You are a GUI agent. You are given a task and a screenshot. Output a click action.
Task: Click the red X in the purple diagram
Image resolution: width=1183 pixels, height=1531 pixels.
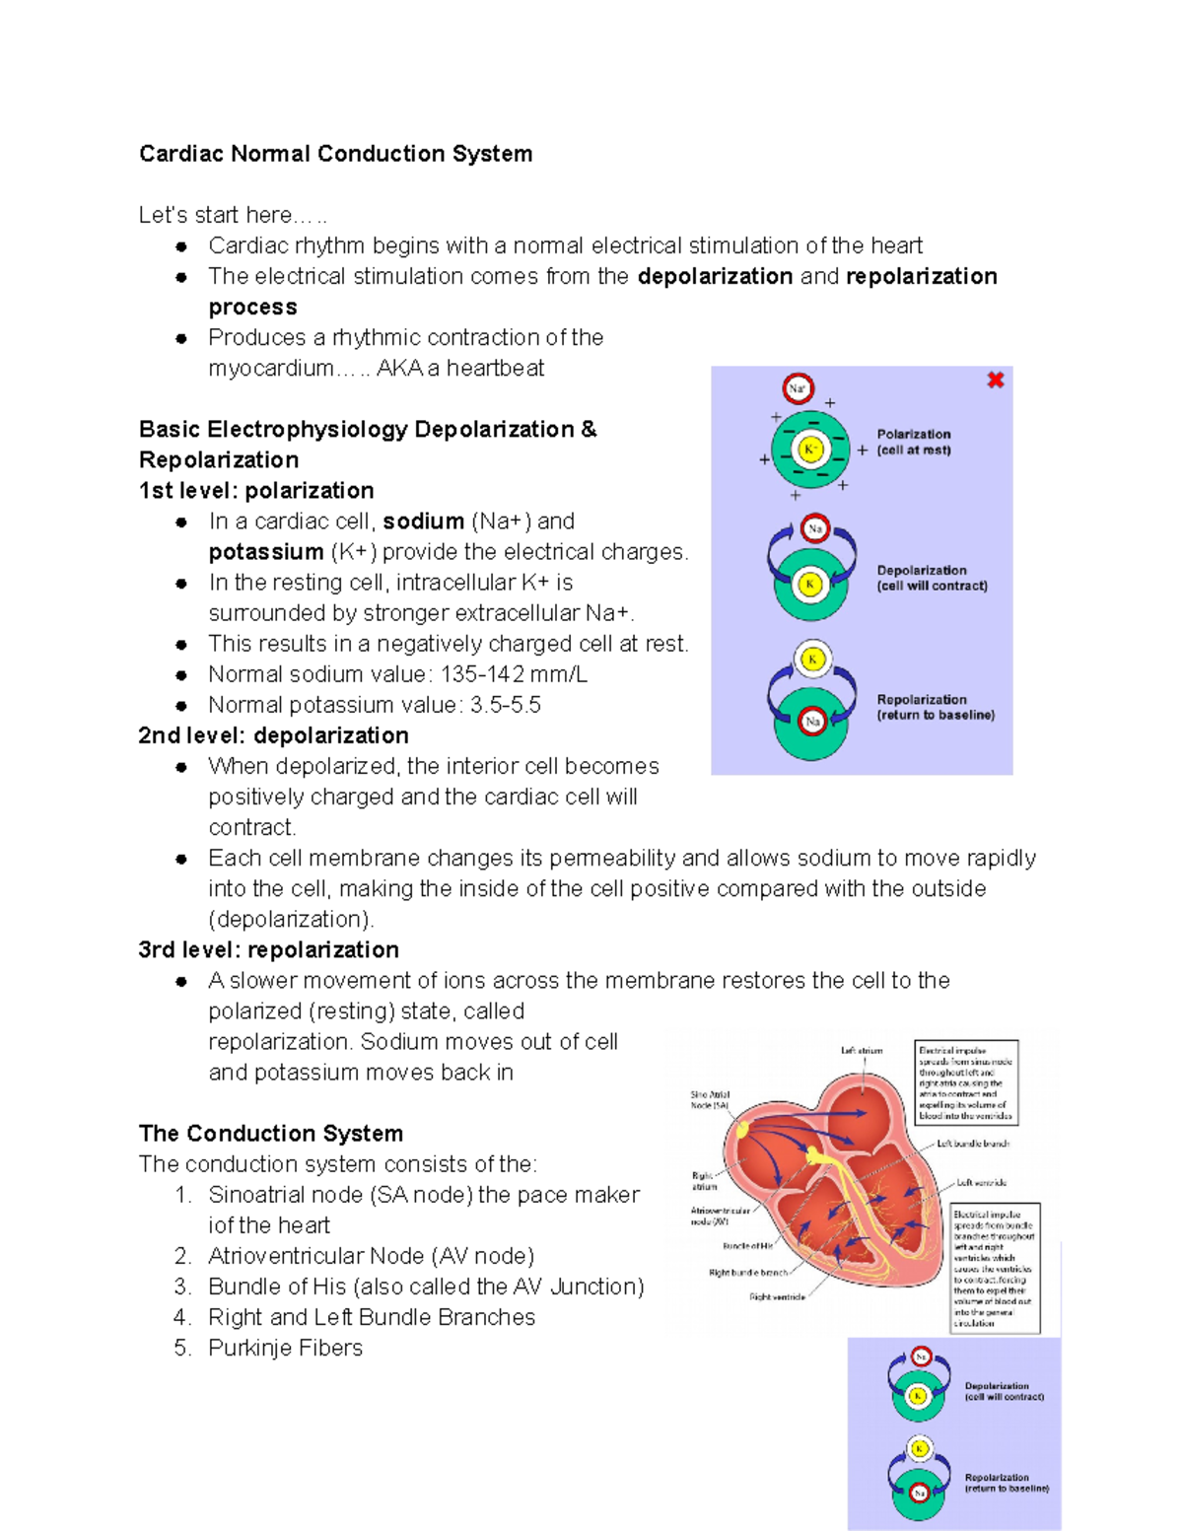(x=996, y=380)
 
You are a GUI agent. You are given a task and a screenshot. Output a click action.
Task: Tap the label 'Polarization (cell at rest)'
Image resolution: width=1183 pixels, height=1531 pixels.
(x=914, y=442)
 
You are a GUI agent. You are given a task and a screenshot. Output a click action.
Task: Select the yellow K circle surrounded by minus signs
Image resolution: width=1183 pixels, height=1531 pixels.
(x=810, y=450)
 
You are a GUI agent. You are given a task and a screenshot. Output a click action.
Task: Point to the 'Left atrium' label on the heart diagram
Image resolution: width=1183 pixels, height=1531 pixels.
(x=862, y=1051)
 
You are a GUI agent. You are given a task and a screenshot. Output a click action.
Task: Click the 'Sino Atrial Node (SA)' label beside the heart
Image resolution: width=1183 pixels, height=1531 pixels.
(x=710, y=1099)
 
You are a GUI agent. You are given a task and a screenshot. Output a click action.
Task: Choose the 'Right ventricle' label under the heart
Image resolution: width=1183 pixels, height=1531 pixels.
(x=777, y=1297)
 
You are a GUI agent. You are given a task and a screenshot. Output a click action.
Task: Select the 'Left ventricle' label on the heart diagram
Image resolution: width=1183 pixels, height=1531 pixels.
(x=981, y=1182)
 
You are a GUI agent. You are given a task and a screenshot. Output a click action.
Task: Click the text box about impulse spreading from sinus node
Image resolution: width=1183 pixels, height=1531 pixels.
(x=966, y=1082)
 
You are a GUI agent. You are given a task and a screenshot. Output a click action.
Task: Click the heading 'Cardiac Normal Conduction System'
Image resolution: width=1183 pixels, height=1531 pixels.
(x=335, y=154)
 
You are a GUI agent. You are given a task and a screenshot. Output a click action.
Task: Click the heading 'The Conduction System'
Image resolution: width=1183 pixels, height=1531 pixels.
(x=271, y=1133)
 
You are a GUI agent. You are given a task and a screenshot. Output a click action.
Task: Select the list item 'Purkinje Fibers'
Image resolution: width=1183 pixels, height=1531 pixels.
(x=285, y=1348)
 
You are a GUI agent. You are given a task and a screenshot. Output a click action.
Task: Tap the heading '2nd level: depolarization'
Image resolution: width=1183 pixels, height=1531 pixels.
(x=273, y=735)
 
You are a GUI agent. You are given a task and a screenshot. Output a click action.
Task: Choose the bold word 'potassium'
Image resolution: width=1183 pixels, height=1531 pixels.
(x=266, y=551)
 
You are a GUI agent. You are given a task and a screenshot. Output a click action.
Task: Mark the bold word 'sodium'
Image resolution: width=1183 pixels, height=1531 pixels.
(x=423, y=521)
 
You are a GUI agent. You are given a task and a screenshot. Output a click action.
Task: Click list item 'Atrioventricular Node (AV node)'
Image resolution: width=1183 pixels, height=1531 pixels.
(x=371, y=1256)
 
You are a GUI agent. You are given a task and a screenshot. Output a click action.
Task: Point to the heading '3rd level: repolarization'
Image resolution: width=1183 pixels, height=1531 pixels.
(x=268, y=949)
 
